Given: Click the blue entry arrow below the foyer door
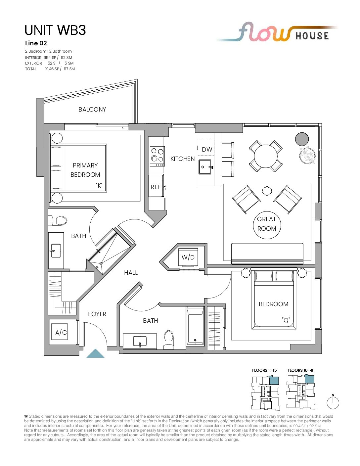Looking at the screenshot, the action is click(95, 353).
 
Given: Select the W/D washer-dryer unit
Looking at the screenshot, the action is click(188, 257).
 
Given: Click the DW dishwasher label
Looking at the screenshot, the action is click(207, 150).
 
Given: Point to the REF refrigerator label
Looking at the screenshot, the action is click(156, 187).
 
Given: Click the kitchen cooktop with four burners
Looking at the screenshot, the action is click(157, 156).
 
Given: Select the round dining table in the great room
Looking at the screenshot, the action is click(265, 156).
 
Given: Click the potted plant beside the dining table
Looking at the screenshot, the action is click(308, 155).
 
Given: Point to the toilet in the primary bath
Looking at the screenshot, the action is click(57, 221).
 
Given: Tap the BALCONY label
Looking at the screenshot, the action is click(92, 109).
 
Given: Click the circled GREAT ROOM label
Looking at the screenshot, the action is click(267, 224).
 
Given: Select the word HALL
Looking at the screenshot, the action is click(131, 273).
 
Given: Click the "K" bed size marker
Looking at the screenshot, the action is click(99, 185).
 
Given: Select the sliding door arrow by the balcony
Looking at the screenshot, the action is click(124, 128).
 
